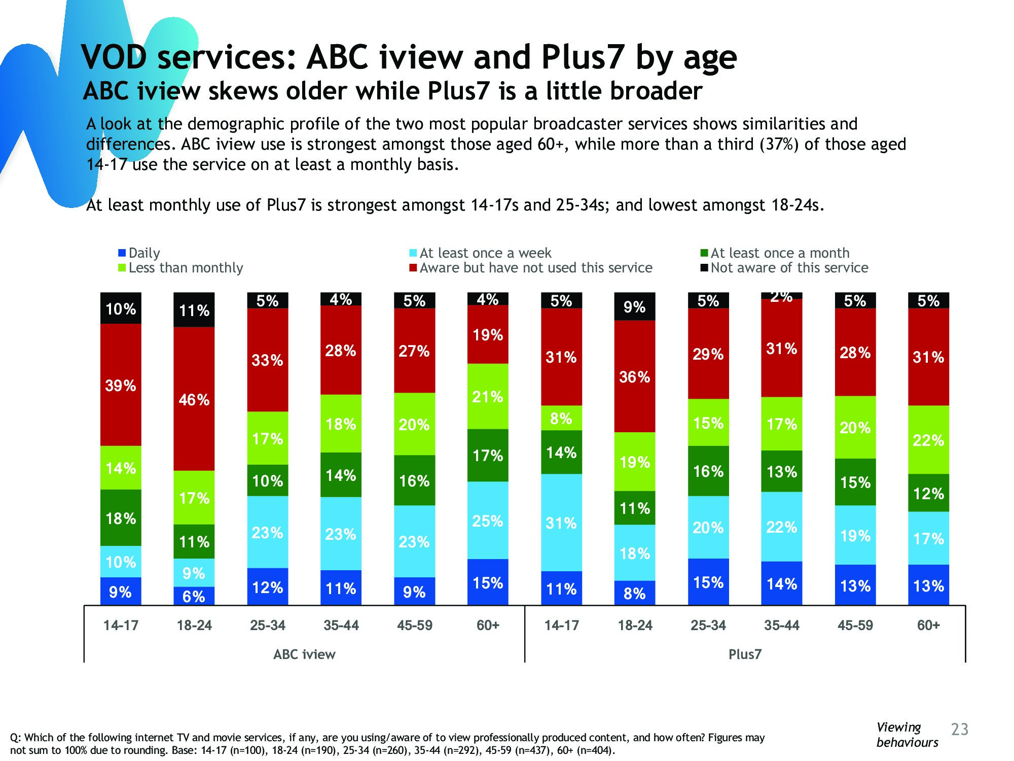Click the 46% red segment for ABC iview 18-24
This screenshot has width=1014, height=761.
point(194,399)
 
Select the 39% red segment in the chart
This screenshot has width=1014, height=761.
point(121,385)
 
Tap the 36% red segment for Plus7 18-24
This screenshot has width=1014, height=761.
point(634,376)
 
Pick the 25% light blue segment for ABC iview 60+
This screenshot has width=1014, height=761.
point(488,521)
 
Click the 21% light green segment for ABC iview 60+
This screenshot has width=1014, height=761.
point(488,396)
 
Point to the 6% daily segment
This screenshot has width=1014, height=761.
point(194,596)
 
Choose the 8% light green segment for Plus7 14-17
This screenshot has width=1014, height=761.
point(561,418)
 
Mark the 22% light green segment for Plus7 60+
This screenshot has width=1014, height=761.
point(928,440)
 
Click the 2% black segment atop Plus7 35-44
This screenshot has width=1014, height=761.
point(781,296)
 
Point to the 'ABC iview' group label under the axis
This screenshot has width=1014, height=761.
point(304,654)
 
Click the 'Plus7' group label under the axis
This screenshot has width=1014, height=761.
point(745,654)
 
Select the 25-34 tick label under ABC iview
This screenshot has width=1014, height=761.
point(268,625)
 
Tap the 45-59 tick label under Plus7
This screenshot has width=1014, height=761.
point(855,625)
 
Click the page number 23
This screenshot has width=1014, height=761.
point(959,729)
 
